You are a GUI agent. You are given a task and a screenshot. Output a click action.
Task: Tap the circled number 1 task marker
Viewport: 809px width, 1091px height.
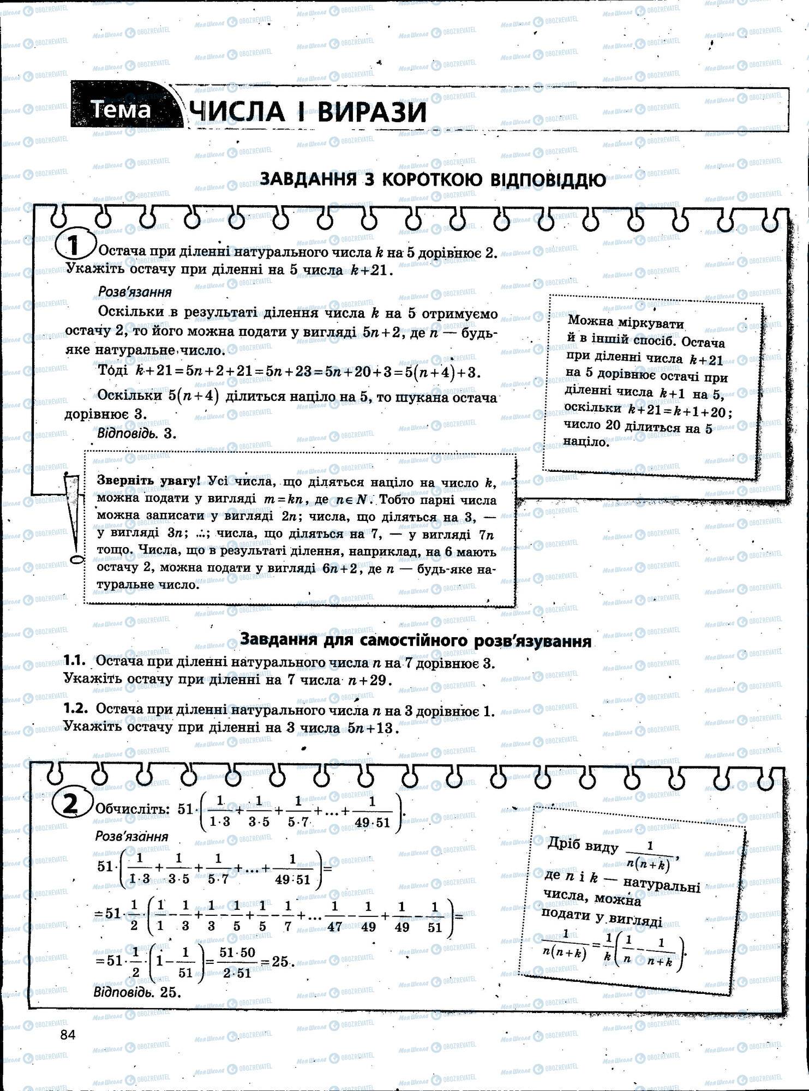click(75, 246)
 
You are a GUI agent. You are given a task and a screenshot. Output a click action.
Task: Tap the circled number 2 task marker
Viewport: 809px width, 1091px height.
click(71, 806)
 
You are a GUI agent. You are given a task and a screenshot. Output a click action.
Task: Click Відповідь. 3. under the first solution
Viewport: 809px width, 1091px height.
click(137, 433)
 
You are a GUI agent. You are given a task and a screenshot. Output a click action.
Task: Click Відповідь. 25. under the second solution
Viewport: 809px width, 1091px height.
click(137, 992)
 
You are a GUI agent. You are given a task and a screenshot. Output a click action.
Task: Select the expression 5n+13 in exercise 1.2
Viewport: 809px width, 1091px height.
click(368, 728)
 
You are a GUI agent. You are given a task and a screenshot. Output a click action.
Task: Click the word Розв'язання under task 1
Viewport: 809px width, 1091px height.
click(135, 292)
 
